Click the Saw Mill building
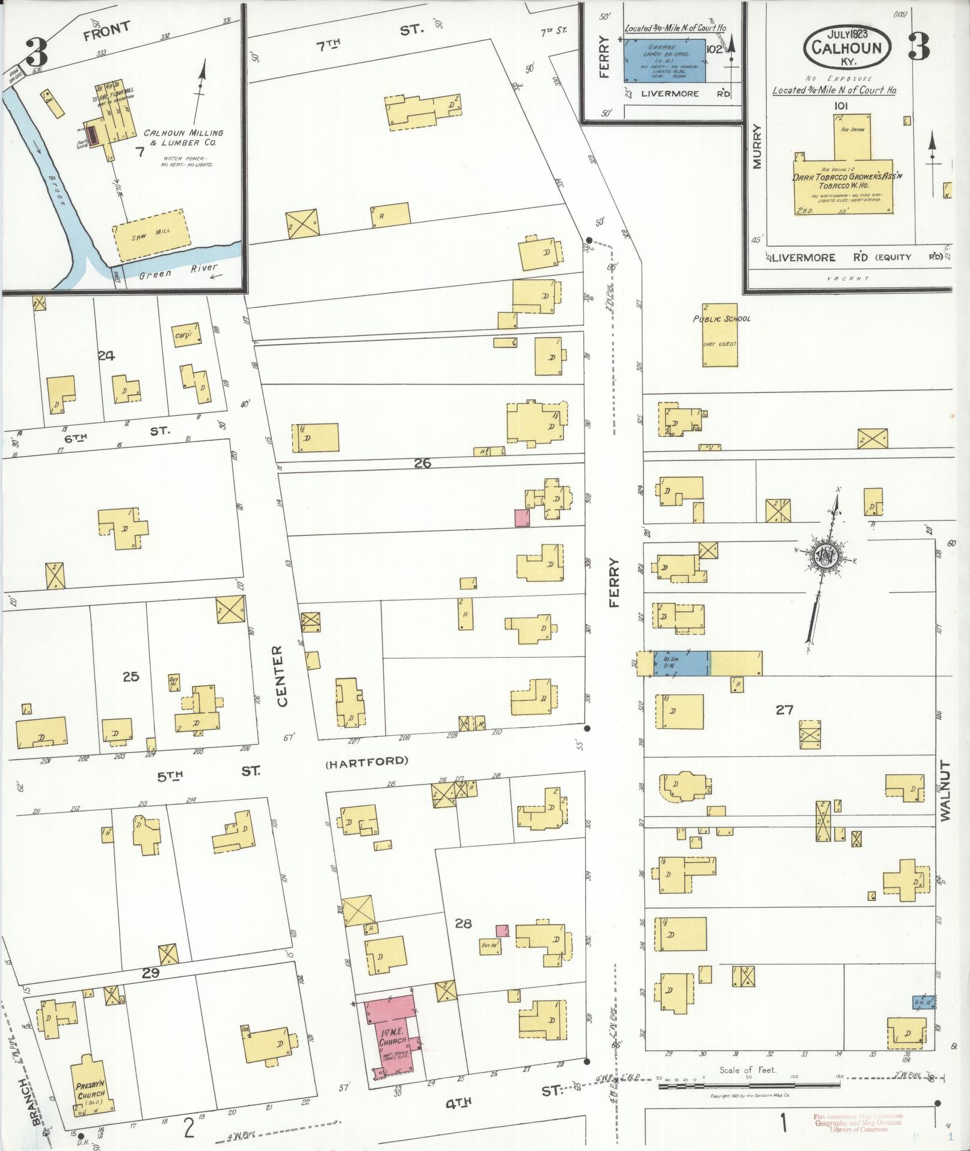click(x=148, y=235)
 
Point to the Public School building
click(x=720, y=335)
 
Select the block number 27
click(x=784, y=710)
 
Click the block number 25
click(x=130, y=676)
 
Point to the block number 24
click(x=106, y=356)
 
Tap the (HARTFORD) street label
click(x=366, y=761)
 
